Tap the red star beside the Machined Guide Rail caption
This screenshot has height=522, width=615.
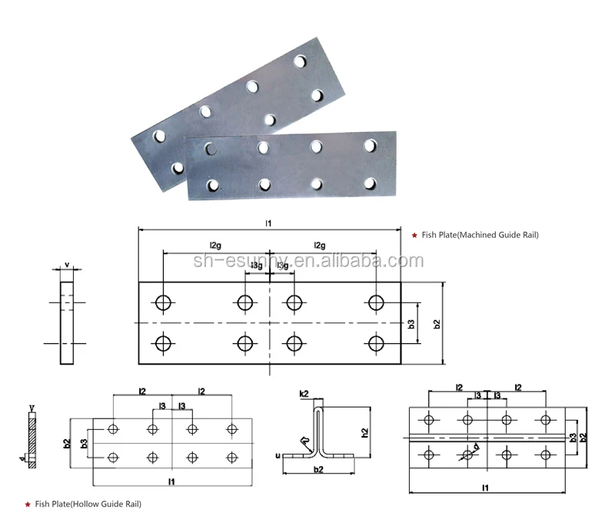coord(415,235)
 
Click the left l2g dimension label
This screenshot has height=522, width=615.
coord(215,245)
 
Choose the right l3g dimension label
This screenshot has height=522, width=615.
coord(282,266)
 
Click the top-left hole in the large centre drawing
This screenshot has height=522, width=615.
coord(163,302)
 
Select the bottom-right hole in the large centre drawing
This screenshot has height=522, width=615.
coord(375,343)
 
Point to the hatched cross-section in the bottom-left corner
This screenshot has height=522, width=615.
coord(32,439)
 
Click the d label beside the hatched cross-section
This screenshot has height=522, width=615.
coord(23,460)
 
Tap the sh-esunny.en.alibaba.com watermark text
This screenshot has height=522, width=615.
coord(307,260)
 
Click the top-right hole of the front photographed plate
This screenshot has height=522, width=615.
coord(371,144)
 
